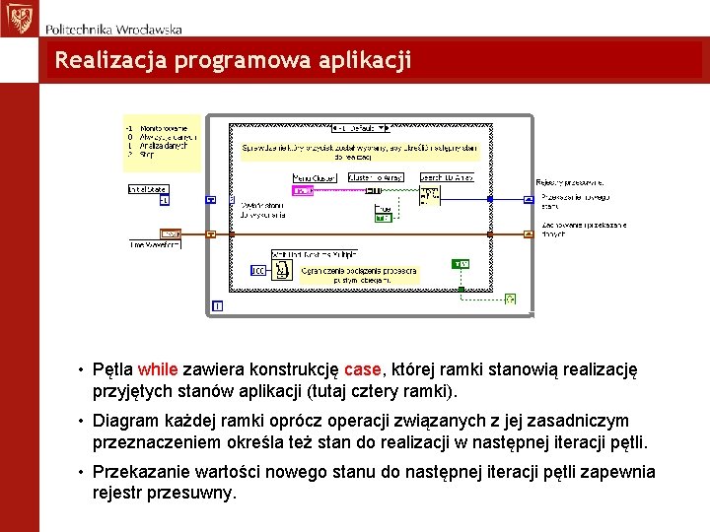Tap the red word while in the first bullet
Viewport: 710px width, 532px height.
click(x=158, y=370)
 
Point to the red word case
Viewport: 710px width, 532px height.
click(x=362, y=370)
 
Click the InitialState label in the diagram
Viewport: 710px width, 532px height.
click(x=148, y=188)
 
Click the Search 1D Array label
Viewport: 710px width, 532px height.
click(x=447, y=177)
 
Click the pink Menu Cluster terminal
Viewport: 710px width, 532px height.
click(x=303, y=190)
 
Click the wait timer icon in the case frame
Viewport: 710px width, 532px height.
click(x=282, y=269)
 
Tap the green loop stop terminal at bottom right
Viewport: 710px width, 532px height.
click(x=510, y=299)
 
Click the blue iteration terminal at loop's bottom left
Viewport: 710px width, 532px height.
click(x=217, y=306)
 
